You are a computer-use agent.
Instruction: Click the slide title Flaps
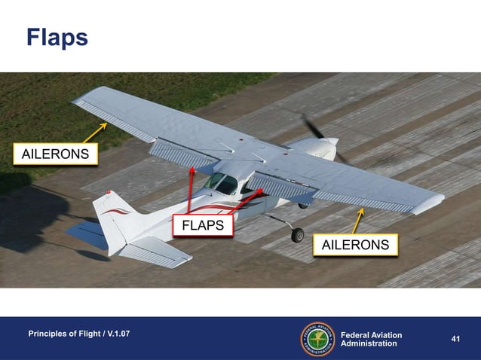coord(57,37)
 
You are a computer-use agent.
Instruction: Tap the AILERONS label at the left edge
coord(55,155)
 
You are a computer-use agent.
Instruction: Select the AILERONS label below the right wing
coord(355,245)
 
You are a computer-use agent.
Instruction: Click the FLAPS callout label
coord(204,224)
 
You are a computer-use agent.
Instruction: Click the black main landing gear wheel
coord(298,235)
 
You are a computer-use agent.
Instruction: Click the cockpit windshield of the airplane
coord(220,183)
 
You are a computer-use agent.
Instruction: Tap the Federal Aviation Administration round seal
coord(317,339)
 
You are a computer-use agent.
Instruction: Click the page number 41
coord(455,339)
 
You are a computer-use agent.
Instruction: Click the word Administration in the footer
coord(369,343)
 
